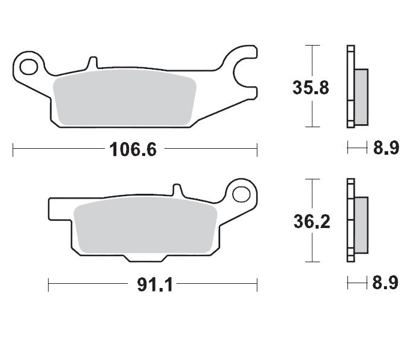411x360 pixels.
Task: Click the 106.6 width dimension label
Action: point(133,149)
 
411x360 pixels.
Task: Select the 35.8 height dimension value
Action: point(310,88)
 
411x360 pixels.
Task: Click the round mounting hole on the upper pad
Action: point(29,64)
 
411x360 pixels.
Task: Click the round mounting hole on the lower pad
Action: point(241,194)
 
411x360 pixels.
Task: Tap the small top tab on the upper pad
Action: point(92,63)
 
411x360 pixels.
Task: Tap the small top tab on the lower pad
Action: point(177,190)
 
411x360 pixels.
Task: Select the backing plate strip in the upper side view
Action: point(350,87)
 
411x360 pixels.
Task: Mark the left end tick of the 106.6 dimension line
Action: point(13,149)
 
